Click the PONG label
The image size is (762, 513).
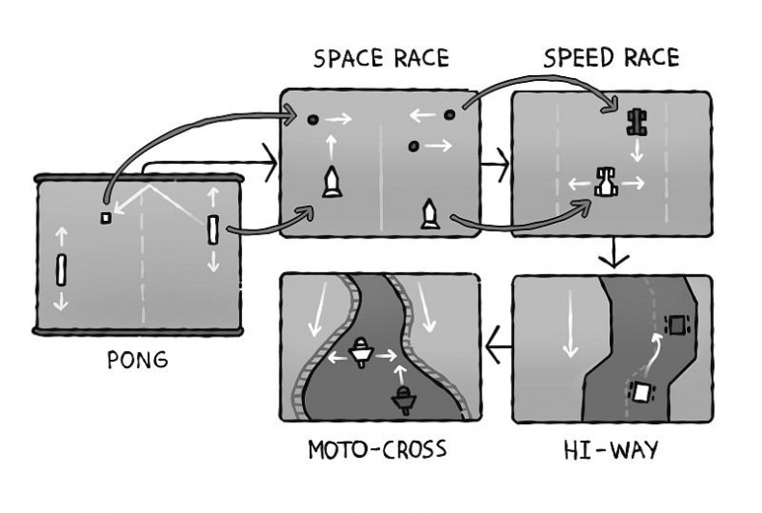tap(139, 360)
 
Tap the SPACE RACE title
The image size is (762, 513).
tap(381, 59)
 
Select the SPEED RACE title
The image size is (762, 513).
tap(611, 57)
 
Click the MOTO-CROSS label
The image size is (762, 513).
tap(377, 449)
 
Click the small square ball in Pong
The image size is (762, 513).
tap(105, 217)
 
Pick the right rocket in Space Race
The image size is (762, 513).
tap(429, 214)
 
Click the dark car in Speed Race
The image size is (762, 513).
tap(637, 121)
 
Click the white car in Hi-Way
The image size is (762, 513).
tap(640, 391)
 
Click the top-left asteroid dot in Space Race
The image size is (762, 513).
tap(313, 120)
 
